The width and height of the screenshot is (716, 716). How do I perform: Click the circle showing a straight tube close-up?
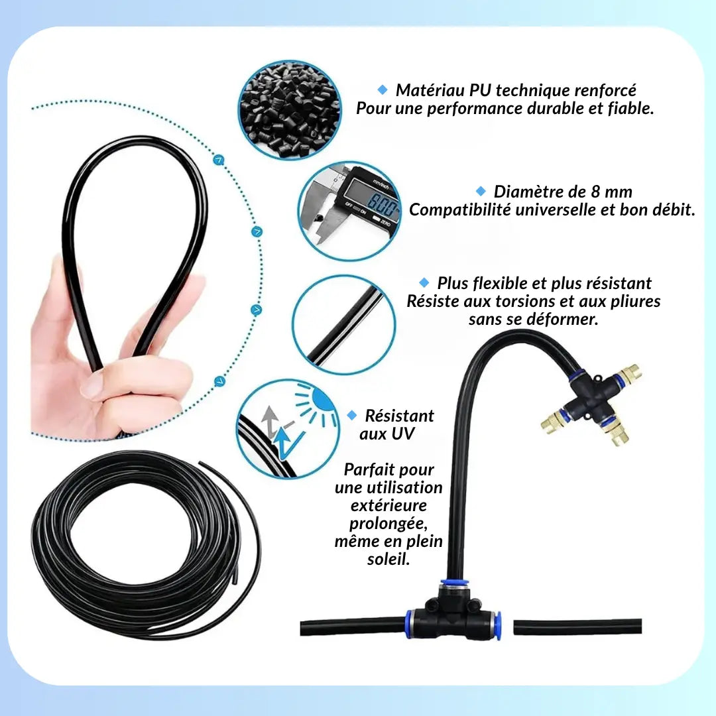(x=343, y=325)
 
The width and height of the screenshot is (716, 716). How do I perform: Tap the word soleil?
(x=388, y=560)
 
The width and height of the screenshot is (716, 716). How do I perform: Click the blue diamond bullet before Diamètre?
(x=481, y=191)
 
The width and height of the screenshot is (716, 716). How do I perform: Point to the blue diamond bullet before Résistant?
(x=352, y=415)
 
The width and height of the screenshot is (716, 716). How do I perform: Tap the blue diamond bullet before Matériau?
(x=383, y=89)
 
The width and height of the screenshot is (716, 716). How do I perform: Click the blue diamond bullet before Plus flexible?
(x=424, y=282)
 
